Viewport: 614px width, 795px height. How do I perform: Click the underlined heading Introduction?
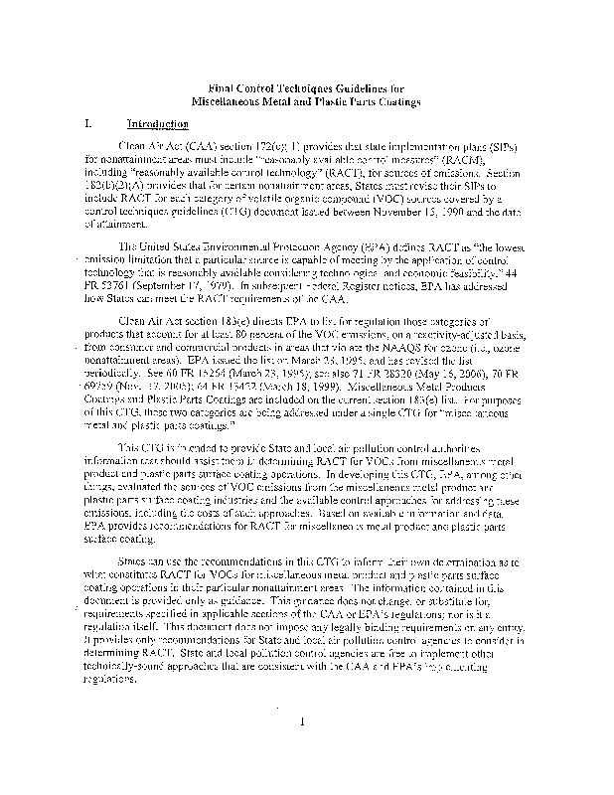coord(158,124)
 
